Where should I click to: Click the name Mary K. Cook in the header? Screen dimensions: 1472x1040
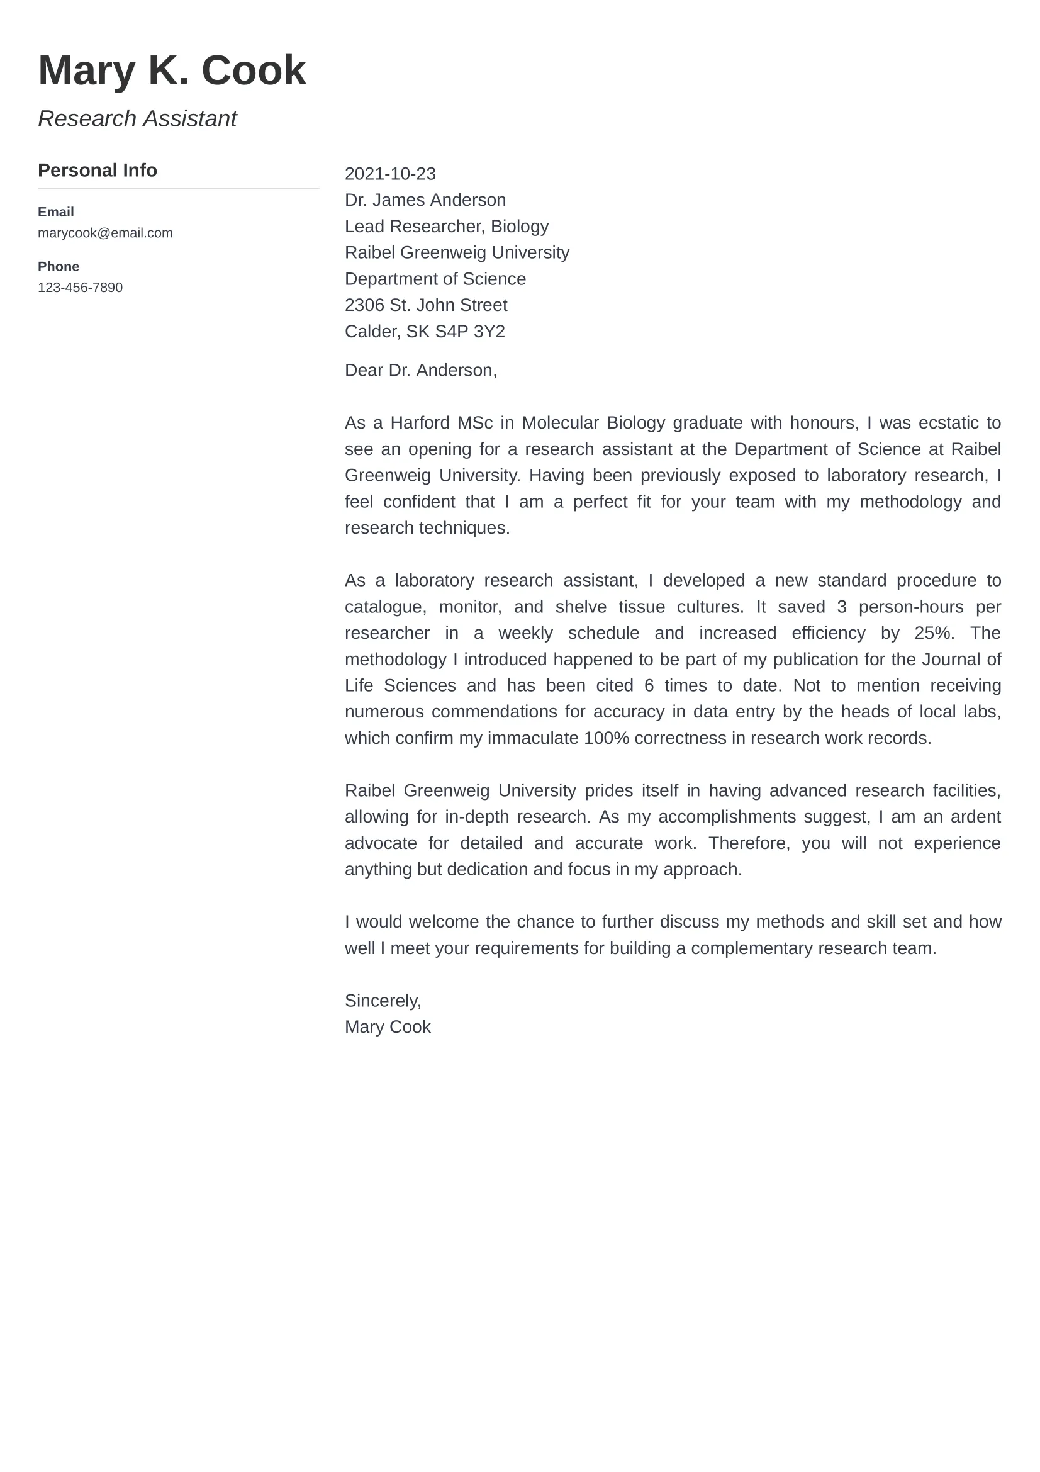(x=172, y=70)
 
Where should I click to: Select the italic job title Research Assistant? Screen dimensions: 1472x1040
(x=137, y=118)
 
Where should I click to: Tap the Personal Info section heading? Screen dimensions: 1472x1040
(x=98, y=171)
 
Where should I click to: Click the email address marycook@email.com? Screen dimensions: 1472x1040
(x=105, y=233)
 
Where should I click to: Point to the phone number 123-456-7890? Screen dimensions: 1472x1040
(x=80, y=287)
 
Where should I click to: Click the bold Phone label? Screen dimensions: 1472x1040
(x=59, y=267)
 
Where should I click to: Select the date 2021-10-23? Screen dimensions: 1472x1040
(x=389, y=174)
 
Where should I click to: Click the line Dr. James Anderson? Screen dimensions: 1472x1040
(x=425, y=200)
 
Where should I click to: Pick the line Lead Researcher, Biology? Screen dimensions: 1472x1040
(x=446, y=227)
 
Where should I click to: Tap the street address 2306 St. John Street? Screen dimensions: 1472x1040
(x=425, y=305)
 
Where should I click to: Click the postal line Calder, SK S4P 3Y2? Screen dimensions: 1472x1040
(x=424, y=332)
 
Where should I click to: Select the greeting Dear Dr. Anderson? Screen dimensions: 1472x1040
(x=420, y=371)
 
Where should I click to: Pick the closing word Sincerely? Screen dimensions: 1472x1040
(x=383, y=1001)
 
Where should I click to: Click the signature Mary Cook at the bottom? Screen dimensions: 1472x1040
(x=387, y=1027)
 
